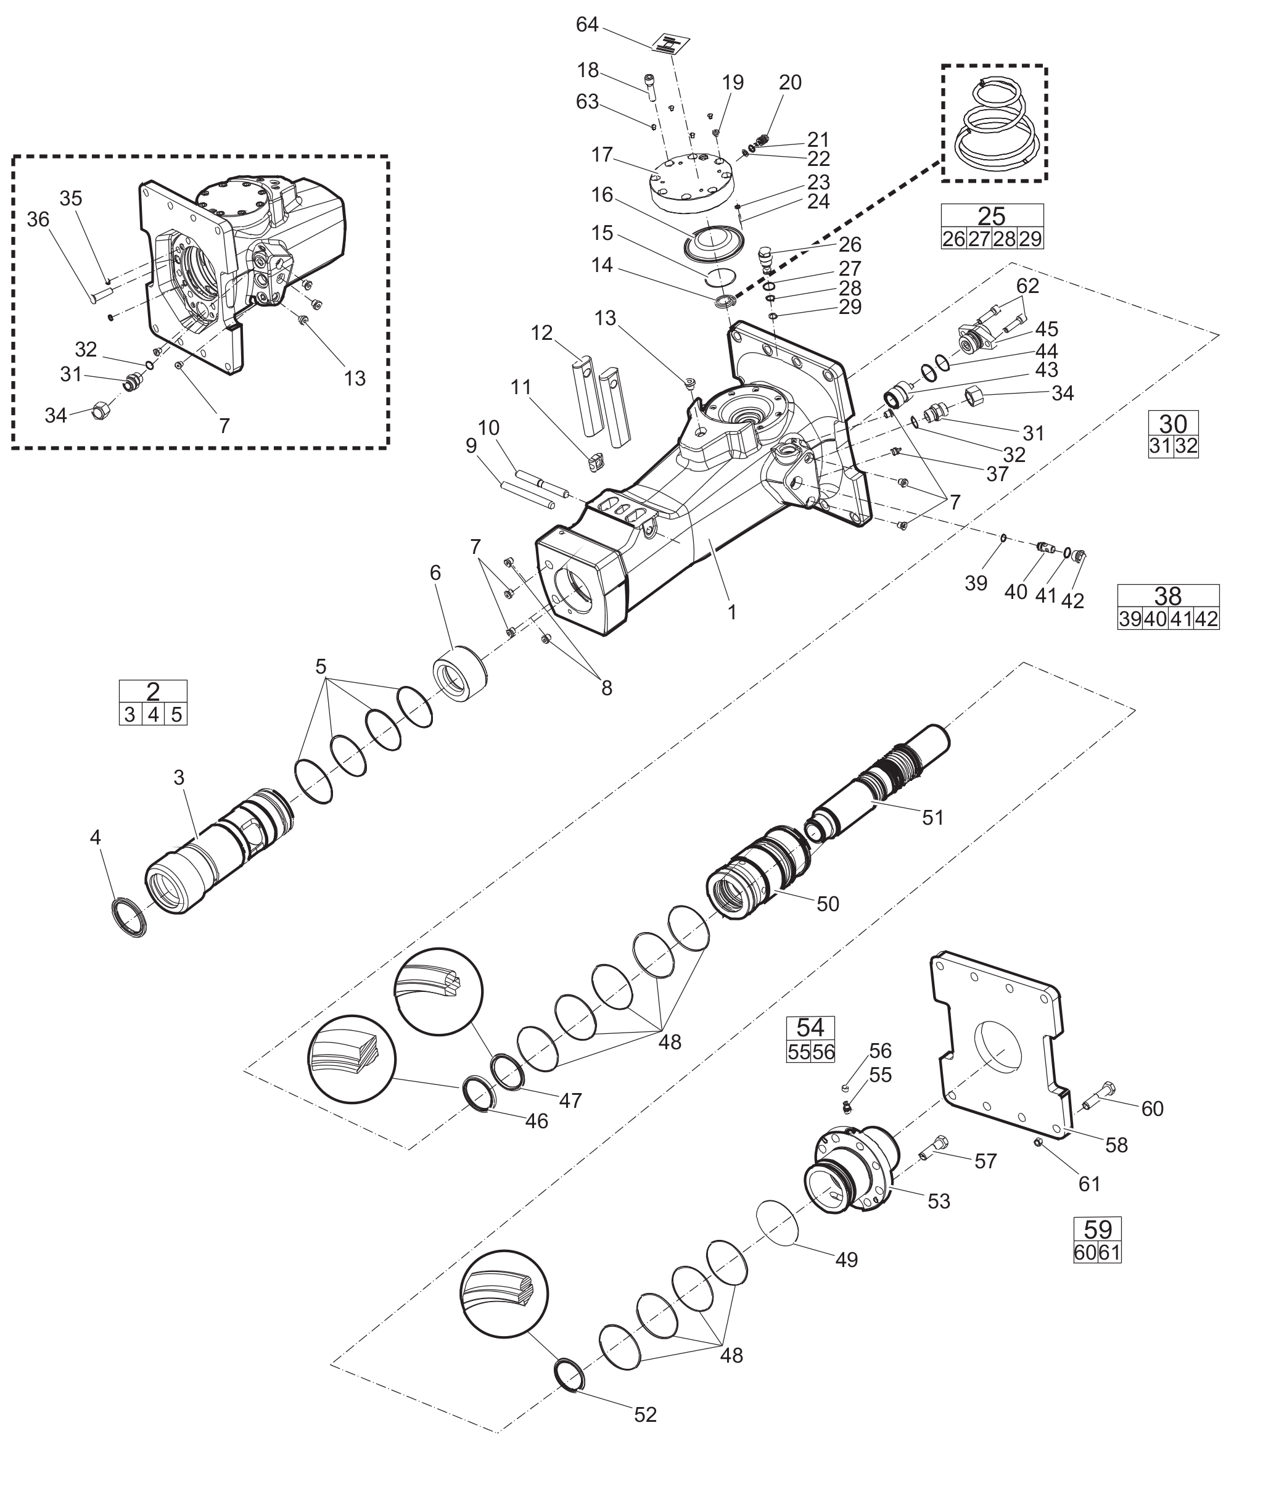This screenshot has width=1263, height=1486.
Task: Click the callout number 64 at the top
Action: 586,25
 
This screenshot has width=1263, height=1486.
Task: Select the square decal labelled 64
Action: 670,45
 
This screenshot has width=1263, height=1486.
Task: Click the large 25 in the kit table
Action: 992,215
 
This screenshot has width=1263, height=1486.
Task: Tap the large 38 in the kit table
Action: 1168,596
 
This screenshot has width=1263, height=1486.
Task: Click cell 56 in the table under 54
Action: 823,1052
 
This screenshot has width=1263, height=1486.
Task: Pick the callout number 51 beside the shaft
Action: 933,817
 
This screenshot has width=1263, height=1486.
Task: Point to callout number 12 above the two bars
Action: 542,333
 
